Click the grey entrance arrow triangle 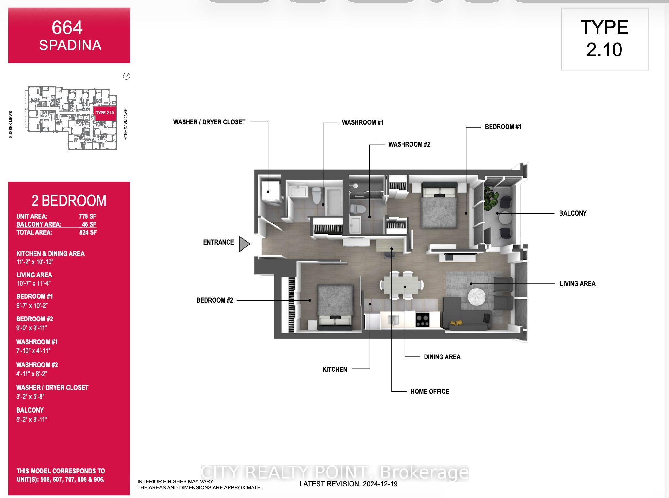[x=244, y=244]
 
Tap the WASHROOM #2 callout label [x=409, y=144]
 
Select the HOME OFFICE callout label [x=429, y=391]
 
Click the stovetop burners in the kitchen [x=422, y=320]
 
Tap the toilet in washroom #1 [x=316, y=195]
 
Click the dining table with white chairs [x=401, y=285]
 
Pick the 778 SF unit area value [x=87, y=216]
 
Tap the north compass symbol [x=126, y=76]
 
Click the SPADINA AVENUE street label [x=125, y=124]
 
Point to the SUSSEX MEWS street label [x=11, y=124]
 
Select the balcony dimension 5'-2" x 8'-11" [x=32, y=419]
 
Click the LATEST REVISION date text [x=349, y=484]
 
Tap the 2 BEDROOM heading [x=69, y=201]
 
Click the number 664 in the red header [x=67, y=28]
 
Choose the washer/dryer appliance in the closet [x=270, y=193]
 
